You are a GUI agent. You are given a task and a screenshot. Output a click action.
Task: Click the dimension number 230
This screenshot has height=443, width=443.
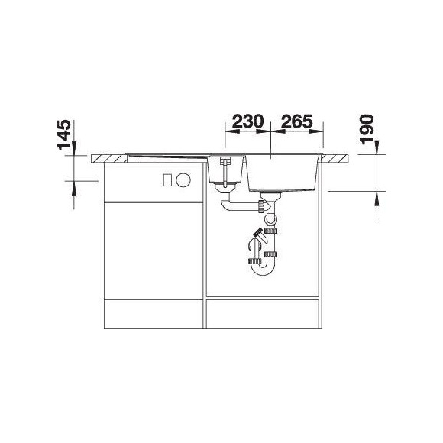(247, 121)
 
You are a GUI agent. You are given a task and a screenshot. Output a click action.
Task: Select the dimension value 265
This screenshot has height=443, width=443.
(297, 121)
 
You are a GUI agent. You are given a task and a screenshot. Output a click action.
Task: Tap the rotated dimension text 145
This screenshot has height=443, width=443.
(64, 134)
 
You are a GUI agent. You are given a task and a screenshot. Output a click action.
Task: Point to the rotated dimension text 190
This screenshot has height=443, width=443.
(368, 129)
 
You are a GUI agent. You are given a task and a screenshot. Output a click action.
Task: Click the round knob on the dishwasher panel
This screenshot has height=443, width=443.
(183, 179)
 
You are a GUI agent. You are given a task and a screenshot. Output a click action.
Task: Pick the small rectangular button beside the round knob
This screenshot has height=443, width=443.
(167, 179)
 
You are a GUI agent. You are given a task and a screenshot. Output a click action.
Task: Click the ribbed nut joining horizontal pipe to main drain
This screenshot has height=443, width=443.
(261, 206)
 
